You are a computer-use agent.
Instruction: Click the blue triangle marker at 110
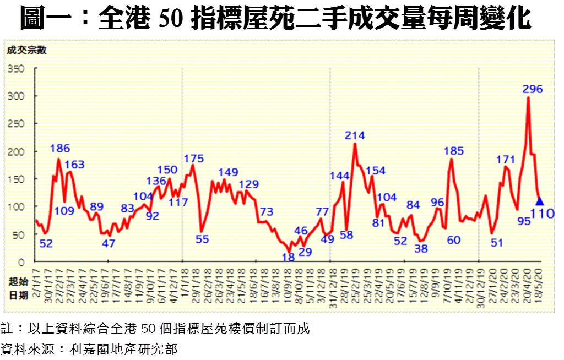[540, 201]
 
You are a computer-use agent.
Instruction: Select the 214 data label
[355, 135]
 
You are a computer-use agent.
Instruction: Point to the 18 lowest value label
[288, 257]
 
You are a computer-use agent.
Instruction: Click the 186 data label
[60, 148]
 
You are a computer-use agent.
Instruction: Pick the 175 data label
[193, 159]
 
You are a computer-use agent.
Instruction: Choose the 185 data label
[453, 151]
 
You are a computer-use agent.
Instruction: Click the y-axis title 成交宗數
[27, 50]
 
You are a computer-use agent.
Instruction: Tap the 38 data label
[421, 248]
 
